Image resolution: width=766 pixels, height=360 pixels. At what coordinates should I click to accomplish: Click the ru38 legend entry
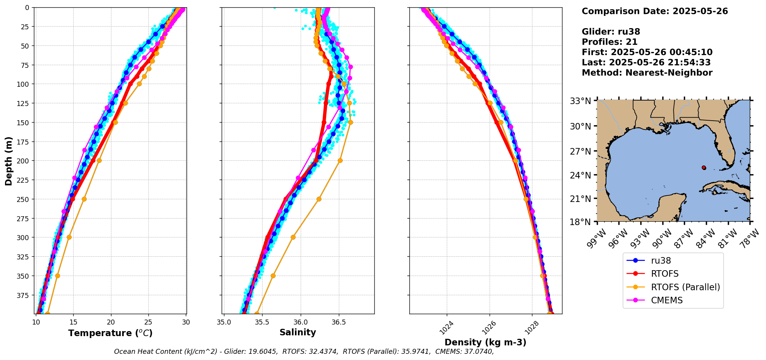coord(661,261)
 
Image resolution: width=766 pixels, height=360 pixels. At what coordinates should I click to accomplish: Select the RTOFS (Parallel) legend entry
coord(685,287)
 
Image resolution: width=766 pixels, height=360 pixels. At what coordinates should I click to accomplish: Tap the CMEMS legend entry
coord(667,300)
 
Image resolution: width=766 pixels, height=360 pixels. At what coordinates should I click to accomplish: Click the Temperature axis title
coord(110,333)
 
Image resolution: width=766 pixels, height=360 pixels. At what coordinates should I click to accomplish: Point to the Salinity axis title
coord(298,332)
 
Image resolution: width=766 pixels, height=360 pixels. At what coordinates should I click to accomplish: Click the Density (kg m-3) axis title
coord(485,342)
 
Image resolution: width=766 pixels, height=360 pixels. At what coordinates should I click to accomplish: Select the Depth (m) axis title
coord(8,161)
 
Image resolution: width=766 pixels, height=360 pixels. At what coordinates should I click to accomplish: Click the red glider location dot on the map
coord(704,168)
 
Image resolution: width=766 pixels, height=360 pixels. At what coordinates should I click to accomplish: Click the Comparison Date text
coord(655,11)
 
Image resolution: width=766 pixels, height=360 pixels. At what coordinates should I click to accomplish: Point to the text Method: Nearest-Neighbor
coord(647,73)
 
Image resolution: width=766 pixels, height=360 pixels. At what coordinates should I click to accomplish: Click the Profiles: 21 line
coord(609,42)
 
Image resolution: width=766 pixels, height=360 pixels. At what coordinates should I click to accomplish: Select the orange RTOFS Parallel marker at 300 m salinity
coord(293,237)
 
